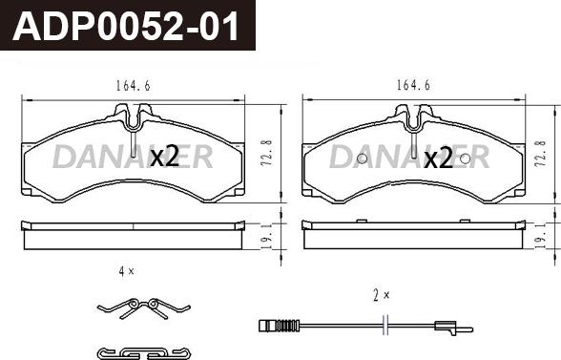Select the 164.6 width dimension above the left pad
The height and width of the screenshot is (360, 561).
(133, 86)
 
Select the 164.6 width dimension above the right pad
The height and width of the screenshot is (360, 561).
(413, 86)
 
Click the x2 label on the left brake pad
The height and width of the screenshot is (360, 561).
(165, 158)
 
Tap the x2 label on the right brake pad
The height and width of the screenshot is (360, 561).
(438, 159)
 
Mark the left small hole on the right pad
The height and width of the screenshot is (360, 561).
(362, 159)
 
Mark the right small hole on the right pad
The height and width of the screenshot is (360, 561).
(464, 159)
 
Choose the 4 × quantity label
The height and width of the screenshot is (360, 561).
(126, 272)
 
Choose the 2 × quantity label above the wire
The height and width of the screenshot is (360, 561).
(384, 296)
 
